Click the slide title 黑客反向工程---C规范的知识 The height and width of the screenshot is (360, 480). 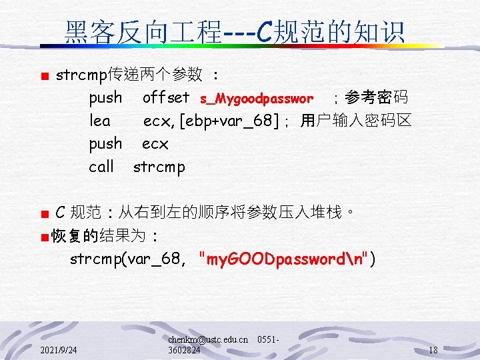click(x=235, y=31)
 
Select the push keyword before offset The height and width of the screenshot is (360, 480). click(x=105, y=98)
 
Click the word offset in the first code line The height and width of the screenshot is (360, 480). click(x=166, y=98)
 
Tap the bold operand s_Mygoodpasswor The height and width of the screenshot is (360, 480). click(x=257, y=99)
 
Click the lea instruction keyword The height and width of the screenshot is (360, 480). click(x=99, y=121)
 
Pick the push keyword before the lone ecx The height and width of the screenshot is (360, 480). click(x=105, y=144)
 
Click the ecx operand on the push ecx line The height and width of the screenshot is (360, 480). click(x=155, y=144)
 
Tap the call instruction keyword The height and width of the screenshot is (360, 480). click(x=101, y=167)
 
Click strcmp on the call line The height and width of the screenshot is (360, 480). click(x=159, y=167)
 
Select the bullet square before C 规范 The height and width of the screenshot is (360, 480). click(x=44, y=214)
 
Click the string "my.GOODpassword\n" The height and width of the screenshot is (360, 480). click(x=283, y=259)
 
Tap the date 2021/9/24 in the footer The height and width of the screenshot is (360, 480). click(x=58, y=350)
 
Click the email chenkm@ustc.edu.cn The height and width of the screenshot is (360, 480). click(x=208, y=339)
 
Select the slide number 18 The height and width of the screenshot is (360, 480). click(x=433, y=350)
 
